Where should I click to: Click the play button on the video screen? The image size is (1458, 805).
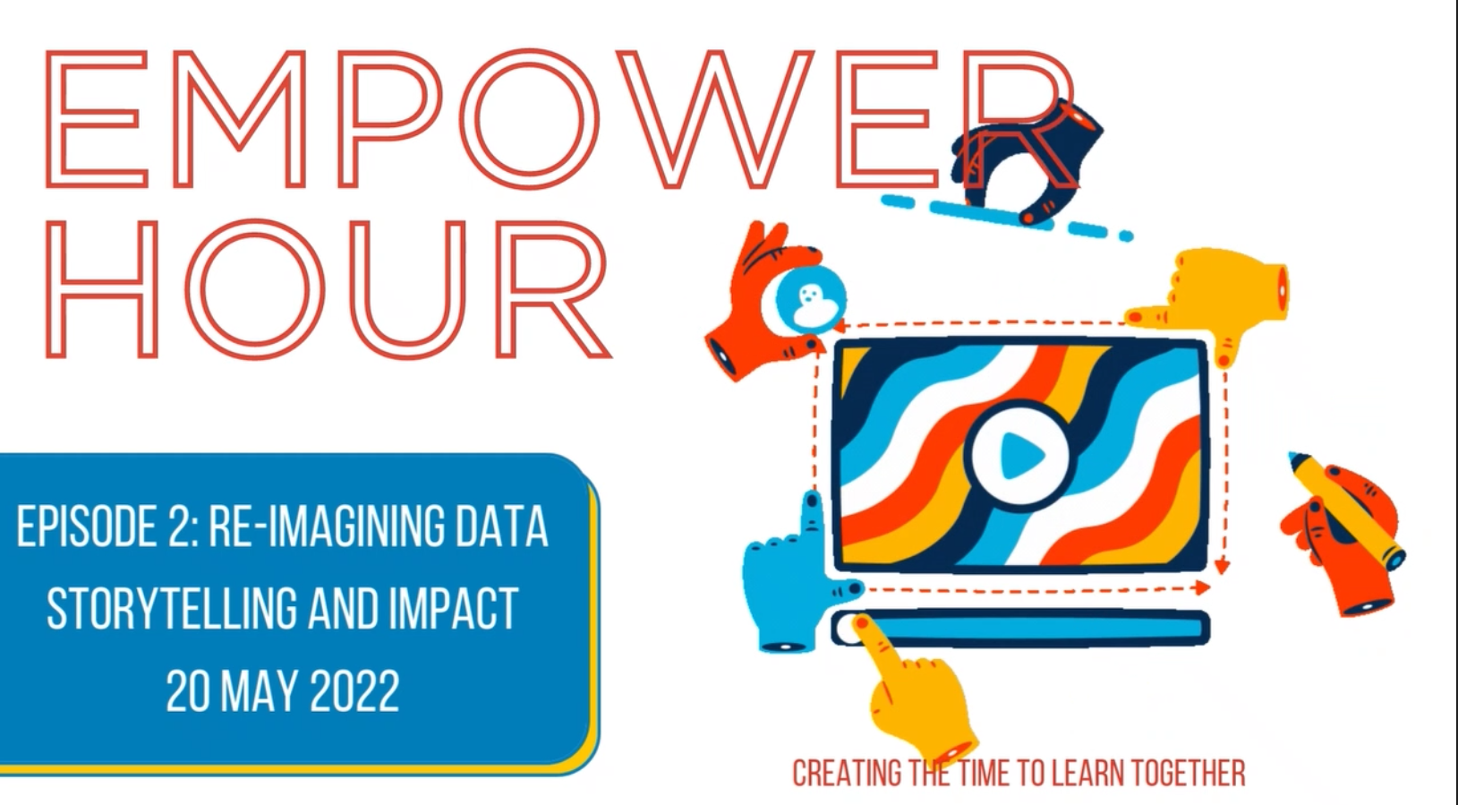(x=1019, y=455)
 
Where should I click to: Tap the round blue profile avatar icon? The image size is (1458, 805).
(x=811, y=301)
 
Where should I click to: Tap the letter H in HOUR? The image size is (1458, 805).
(x=102, y=287)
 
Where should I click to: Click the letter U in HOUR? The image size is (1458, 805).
(x=408, y=289)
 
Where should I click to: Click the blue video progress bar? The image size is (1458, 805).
(x=1020, y=628)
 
